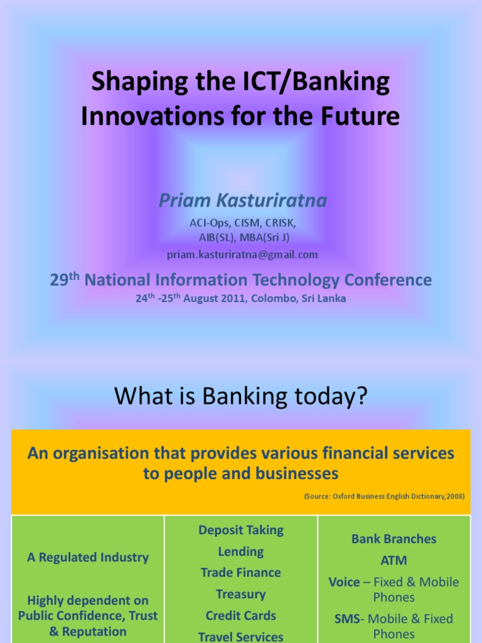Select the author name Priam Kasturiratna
(242, 200)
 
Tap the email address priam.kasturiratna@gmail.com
(242, 254)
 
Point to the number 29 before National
(59, 280)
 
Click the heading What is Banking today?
(240, 397)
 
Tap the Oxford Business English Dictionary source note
(384, 496)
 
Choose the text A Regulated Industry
(88, 557)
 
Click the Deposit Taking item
(241, 530)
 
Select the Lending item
(241, 551)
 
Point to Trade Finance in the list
(241, 573)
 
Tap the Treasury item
(241, 594)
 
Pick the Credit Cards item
(241, 615)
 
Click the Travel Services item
(241, 637)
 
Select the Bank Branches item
(394, 539)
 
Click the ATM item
(394, 560)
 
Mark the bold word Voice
(344, 582)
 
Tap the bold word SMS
(346, 619)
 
